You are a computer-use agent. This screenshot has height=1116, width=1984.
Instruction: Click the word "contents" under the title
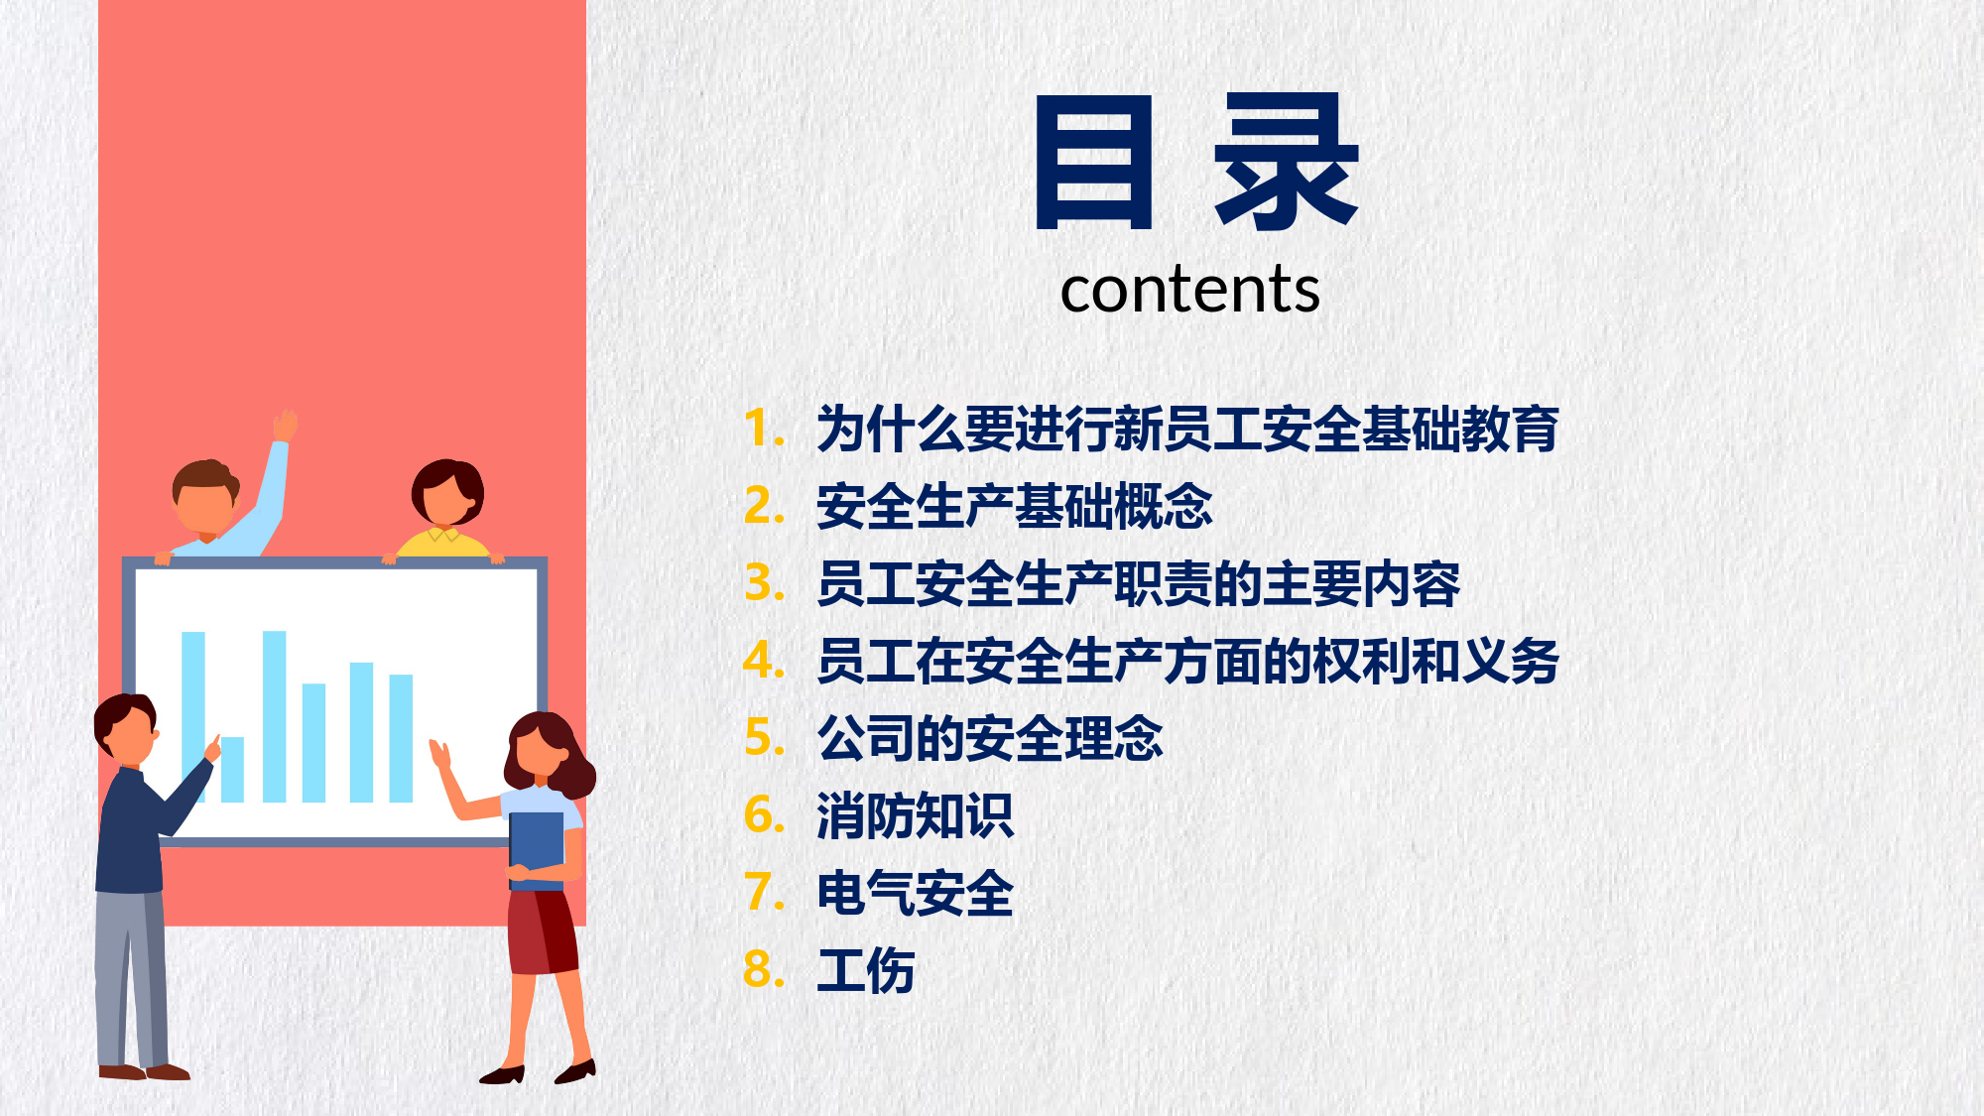(1189, 290)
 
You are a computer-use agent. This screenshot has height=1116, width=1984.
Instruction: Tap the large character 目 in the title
(1094, 162)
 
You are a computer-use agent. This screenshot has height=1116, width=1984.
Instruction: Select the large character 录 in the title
(1286, 162)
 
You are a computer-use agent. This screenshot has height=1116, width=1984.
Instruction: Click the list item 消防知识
(915, 815)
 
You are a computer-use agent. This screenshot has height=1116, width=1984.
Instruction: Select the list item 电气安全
(915, 893)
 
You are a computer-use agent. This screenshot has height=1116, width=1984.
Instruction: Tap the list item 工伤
(865, 970)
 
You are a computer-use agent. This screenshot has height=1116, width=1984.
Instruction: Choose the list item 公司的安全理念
(989, 738)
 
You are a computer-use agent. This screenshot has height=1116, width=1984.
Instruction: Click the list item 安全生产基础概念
(1014, 506)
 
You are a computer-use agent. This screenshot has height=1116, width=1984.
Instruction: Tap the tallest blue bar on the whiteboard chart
(274, 716)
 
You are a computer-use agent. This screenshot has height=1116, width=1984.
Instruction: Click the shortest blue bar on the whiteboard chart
(232, 770)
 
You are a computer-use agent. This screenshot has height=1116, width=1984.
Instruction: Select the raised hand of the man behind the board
(286, 425)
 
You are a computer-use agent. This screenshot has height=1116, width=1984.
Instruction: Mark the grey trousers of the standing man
(131, 978)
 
